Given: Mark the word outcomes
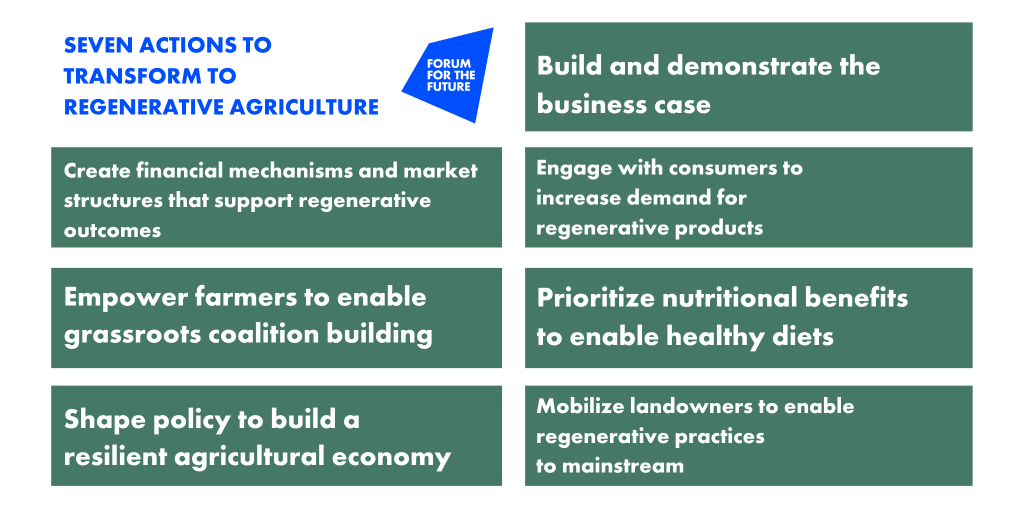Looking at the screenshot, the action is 112,231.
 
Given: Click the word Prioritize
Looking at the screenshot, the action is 596,298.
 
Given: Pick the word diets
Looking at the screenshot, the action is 802,336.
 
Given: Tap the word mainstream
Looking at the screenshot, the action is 623,466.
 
